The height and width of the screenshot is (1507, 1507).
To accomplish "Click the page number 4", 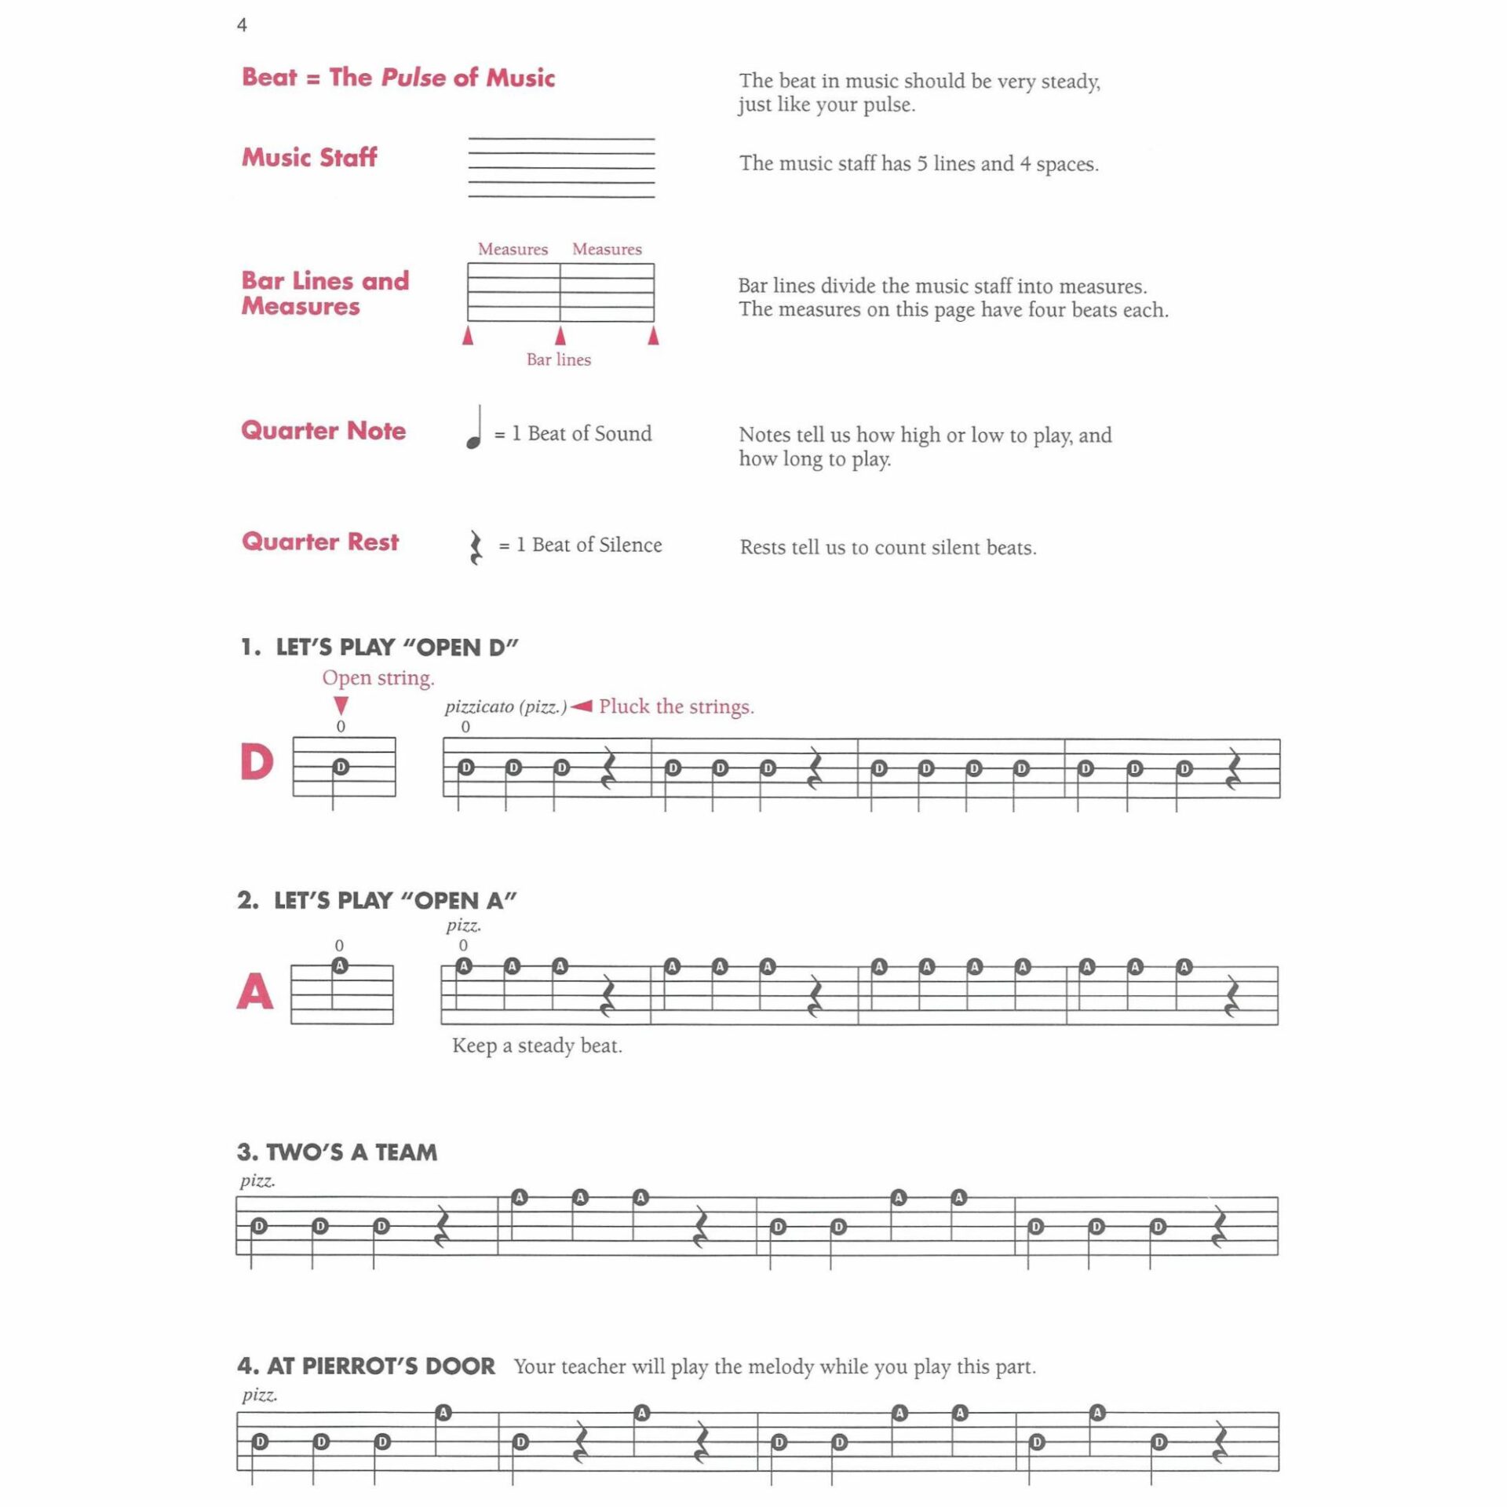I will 242,25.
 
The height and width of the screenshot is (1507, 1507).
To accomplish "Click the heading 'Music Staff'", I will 309,157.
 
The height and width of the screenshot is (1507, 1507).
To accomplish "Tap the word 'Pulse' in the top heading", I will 413,77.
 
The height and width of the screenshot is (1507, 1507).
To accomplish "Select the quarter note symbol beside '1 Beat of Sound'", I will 475,429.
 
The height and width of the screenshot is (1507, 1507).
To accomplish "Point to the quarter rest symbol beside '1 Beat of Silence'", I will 476,547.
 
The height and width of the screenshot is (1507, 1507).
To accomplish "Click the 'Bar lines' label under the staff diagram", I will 558,359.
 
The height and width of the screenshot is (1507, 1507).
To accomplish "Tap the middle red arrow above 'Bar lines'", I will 560,336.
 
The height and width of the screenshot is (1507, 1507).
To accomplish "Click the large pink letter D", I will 257,761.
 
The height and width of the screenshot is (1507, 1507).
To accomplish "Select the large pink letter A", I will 255,991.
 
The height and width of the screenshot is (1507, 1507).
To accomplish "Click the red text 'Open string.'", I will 378,677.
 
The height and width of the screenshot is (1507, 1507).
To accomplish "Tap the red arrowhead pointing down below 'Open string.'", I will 341,704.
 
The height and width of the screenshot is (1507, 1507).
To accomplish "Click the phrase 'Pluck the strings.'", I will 676,706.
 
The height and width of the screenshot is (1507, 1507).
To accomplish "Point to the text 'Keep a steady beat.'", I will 537,1045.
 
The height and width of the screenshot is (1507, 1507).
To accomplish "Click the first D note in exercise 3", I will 259,1226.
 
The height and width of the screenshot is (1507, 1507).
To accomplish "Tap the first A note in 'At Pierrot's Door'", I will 443,1413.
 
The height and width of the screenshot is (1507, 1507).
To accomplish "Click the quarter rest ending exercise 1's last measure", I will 1233,769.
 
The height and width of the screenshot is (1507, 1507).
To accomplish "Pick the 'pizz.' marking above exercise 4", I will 259,1394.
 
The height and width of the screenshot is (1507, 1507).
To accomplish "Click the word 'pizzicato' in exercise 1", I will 479,706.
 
